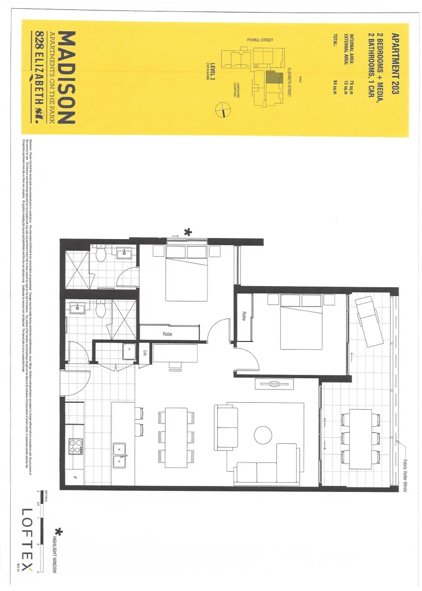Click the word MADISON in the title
click(x=66, y=77)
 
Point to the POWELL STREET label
click(x=260, y=40)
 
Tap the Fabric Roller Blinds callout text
click(x=406, y=468)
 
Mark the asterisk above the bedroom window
click(x=188, y=232)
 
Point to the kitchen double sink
click(x=120, y=455)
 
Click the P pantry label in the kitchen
click(x=74, y=478)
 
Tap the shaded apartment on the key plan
click(x=271, y=77)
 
